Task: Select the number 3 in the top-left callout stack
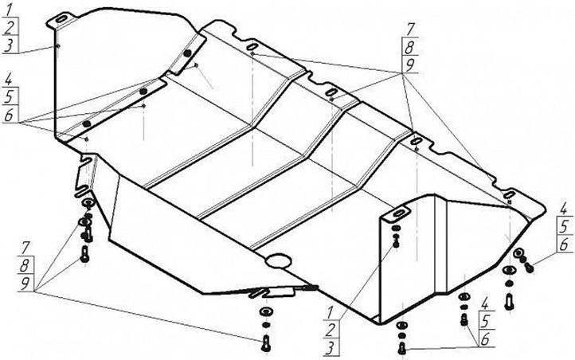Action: point(10,45)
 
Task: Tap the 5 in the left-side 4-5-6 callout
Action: point(9,97)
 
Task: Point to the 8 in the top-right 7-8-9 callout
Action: point(409,48)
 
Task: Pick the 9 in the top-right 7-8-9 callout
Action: point(409,65)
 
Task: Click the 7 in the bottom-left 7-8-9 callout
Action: point(25,248)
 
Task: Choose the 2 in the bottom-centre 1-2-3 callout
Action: point(330,331)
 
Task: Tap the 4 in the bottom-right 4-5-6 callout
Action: point(485,303)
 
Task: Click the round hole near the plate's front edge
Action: point(279,260)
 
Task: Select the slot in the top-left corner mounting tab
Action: point(61,19)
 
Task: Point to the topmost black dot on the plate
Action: point(187,53)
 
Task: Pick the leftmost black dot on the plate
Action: point(87,124)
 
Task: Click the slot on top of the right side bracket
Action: point(398,213)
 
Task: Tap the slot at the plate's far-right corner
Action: point(509,194)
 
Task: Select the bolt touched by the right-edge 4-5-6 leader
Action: point(529,268)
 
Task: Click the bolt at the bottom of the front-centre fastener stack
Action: point(266,343)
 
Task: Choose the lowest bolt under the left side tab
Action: point(84,254)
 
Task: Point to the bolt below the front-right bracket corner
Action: point(402,347)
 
